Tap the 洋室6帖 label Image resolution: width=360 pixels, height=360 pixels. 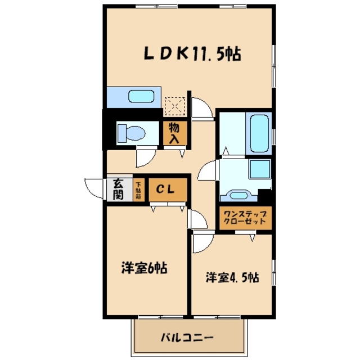pyautogui.click(x=144, y=268)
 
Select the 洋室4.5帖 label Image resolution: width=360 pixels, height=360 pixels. pyautogui.click(x=232, y=277)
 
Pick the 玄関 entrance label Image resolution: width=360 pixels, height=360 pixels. pyautogui.click(x=118, y=189)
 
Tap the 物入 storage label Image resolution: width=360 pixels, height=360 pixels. pyautogui.click(x=174, y=133)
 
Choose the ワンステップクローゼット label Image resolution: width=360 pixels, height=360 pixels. pyautogui.click(x=245, y=218)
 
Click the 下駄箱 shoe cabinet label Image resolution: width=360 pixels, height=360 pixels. pyautogui.click(x=138, y=190)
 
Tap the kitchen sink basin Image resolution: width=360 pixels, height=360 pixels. pyautogui.click(x=141, y=96)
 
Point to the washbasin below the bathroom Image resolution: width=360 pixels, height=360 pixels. pyautogui.click(x=238, y=195)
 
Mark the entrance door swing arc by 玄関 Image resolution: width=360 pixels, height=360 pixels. pyautogui.click(x=93, y=186)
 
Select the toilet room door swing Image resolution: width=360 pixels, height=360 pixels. pyautogui.click(x=144, y=156)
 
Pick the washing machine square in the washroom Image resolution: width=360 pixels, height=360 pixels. pyautogui.click(x=260, y=169)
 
